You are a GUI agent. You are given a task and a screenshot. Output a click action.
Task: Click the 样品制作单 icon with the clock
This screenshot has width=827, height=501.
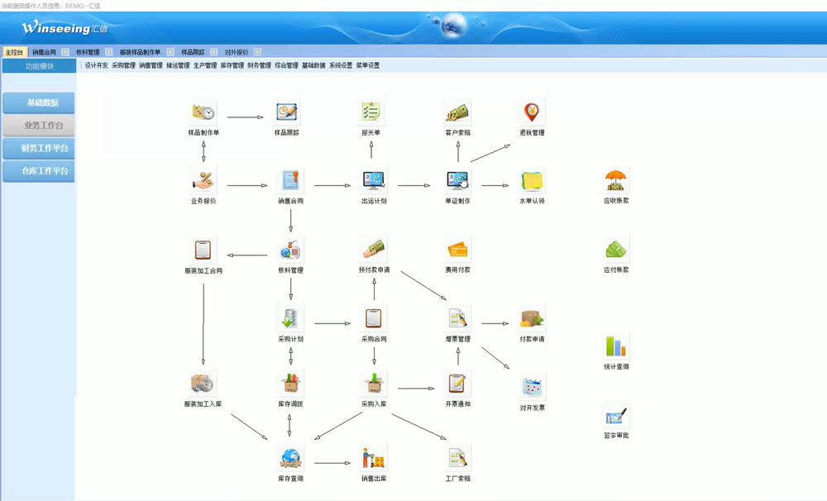click(203, 112)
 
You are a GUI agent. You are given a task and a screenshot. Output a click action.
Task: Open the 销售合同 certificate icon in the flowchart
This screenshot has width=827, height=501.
click(289, 180)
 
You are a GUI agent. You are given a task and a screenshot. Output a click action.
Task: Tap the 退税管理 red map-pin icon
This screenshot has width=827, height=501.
click(532, 112)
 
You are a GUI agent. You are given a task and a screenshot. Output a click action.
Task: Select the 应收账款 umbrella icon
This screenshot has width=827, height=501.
click(616, 180)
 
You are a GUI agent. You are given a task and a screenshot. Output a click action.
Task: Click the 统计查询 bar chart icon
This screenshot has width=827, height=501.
click(616, 346)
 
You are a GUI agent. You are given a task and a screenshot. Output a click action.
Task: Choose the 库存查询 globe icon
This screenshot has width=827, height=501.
click(289, 457)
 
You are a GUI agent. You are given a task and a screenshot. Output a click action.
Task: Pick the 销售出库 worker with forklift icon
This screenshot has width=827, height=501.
click(374, 457)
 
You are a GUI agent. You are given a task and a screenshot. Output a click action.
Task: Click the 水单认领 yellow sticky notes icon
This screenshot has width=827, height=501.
click(532, 180)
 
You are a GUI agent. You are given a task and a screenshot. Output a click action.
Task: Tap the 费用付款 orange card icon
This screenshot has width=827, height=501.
click(457, 249)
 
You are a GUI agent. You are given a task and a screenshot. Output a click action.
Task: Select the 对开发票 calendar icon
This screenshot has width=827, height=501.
click(532, 387)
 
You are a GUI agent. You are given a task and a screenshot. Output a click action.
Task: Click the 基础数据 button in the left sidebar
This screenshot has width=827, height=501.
click(39, 103)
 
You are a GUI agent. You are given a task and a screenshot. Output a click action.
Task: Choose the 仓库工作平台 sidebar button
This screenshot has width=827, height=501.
click(39, 171)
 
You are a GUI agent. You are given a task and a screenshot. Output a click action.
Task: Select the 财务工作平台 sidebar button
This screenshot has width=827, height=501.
click(39, 149)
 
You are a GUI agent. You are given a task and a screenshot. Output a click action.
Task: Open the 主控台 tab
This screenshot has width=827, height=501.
click(14, 52)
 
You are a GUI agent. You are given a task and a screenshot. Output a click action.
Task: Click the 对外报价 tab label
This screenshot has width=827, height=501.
click(237, 52)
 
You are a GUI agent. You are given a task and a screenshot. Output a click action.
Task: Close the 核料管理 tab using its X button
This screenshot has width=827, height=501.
click(108, 52)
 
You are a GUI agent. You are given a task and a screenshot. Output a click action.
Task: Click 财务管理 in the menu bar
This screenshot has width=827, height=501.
click(259, 65)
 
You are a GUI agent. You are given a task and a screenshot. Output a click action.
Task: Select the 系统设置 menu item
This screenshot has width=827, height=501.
click(340, 65)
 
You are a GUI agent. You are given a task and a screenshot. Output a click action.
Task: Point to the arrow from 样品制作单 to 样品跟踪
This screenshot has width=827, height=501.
click(246, 117)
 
